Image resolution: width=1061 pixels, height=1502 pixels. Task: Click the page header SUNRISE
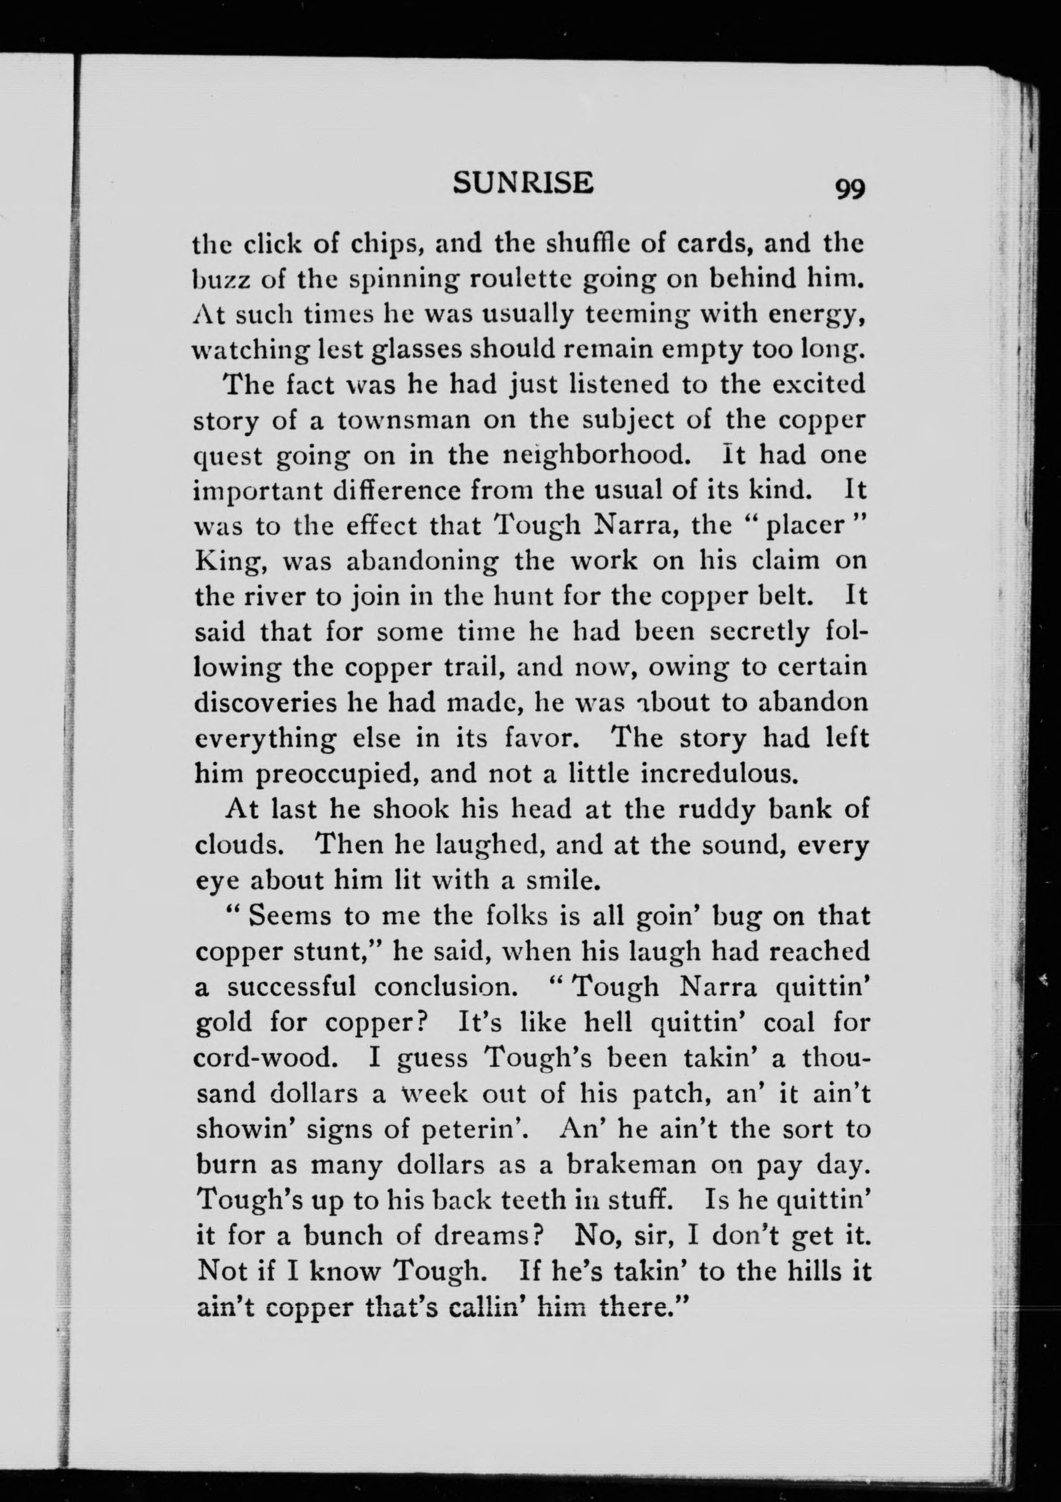(x=523, y=182)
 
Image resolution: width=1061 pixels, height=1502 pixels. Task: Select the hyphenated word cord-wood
(x=266, y=1058)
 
